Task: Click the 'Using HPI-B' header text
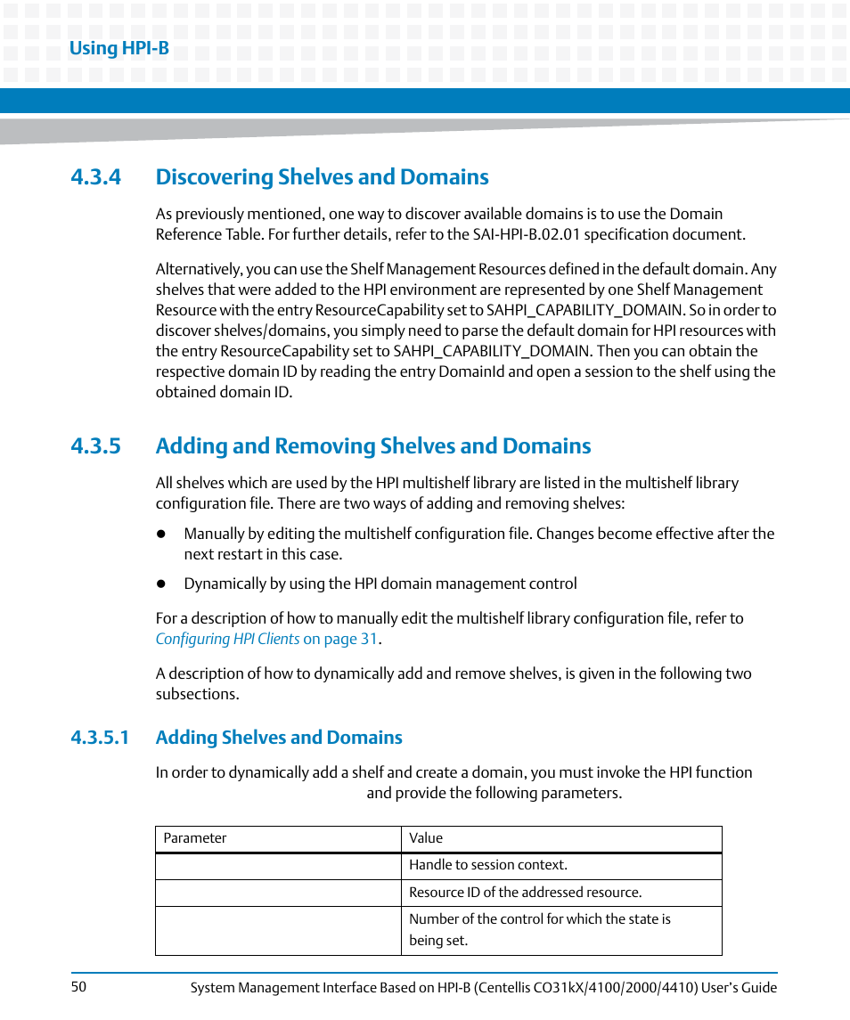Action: tap(119, 48)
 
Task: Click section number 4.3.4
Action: tap(96, 177)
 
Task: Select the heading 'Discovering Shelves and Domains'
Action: tap(322, 177)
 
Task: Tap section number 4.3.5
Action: tap(96, 446)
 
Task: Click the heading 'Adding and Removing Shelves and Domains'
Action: tap(372, 446)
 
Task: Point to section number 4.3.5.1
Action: tap(101, 738)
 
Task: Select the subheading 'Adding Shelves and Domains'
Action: tap(279, 738)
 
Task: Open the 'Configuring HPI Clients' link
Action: tap(227, 639)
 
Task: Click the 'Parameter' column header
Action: tap(195, 838)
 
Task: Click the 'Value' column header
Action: tap(426, 838)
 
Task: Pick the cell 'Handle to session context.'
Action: tap(487, 865)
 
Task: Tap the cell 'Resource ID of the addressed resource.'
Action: tap(525, 893)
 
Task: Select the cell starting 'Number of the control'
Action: tap(539, 929)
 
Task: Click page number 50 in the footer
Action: tap(78, 986)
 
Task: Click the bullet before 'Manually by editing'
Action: tap(162, 534)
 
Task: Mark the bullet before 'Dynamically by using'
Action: tap(162, 584)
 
